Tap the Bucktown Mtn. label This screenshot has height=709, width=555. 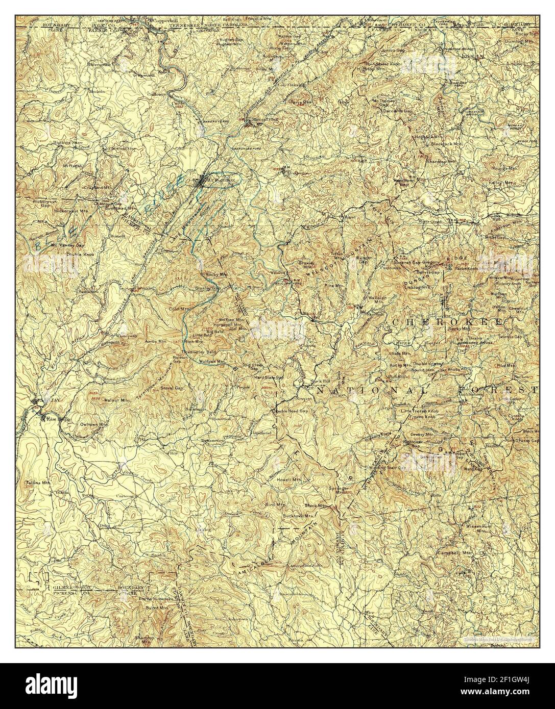[299, 516]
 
